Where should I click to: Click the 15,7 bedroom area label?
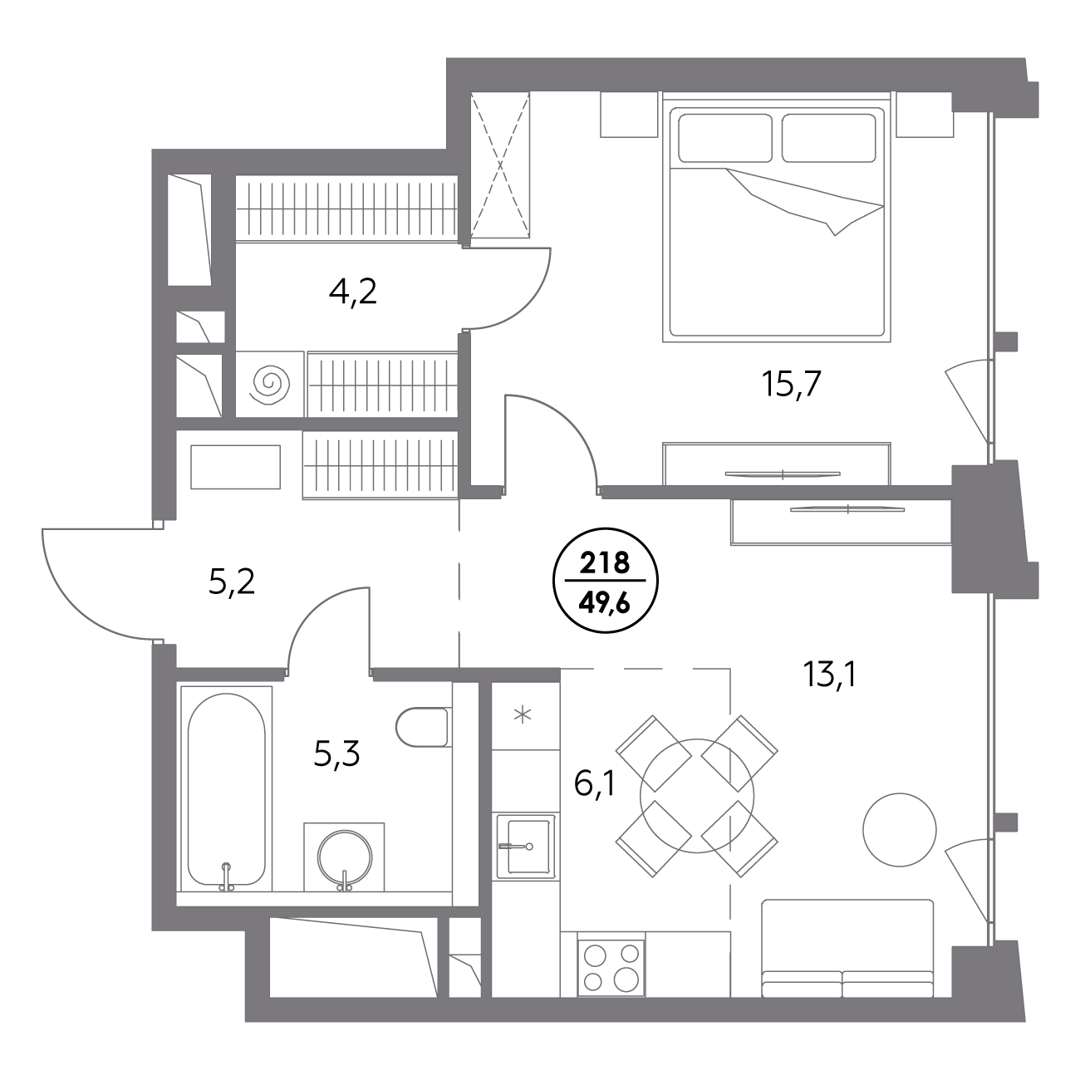click(x=791, y=385)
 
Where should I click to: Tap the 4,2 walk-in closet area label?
click(x=352, y=292)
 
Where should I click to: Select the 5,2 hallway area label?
click(x=232, y=583)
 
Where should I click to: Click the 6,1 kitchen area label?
click(x=595, y=783)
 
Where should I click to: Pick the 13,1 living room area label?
click(x=829, y=673)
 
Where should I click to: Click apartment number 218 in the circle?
click(x=606, y=562)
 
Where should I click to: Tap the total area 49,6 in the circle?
click(x=606, y=605)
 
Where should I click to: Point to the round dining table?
click(x=697, y=796)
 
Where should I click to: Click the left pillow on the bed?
click(x=725, y=139)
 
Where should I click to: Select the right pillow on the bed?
click(x=828, y=139)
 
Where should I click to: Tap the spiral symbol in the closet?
click(x=271, y=385)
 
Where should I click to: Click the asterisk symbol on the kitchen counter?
click(x=523, y=714)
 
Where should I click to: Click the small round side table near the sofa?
click(x=900, y=829)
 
